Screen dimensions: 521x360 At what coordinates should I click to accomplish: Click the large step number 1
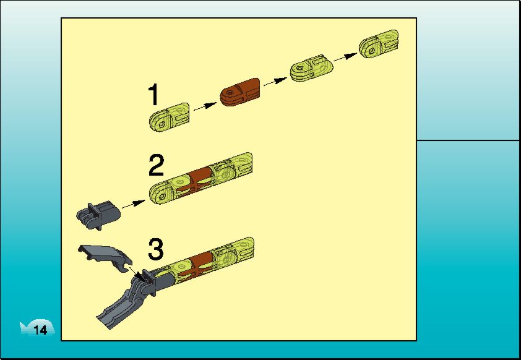(153, 95)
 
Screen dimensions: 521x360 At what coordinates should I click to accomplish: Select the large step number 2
(156, 165)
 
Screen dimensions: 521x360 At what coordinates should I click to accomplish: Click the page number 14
(40, 330)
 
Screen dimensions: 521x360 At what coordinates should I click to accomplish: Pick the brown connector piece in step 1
(240, 92)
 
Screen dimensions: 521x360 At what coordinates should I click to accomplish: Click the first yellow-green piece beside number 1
(169, 118)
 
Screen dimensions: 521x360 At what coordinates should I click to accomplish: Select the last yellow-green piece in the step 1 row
(379, 45)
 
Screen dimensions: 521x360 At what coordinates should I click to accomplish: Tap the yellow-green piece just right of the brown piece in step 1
(311, 68)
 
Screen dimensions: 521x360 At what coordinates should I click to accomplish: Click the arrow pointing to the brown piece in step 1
(205, 106)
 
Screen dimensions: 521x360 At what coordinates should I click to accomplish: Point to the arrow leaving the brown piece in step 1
(275, 82)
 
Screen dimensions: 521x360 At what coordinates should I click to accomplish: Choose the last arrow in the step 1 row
(345, 57)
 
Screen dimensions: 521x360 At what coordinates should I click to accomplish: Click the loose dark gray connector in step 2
(98, 215)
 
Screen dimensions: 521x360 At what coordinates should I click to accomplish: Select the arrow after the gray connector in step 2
(134, 204)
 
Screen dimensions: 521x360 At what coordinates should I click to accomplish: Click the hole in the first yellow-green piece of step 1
(162, 124)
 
